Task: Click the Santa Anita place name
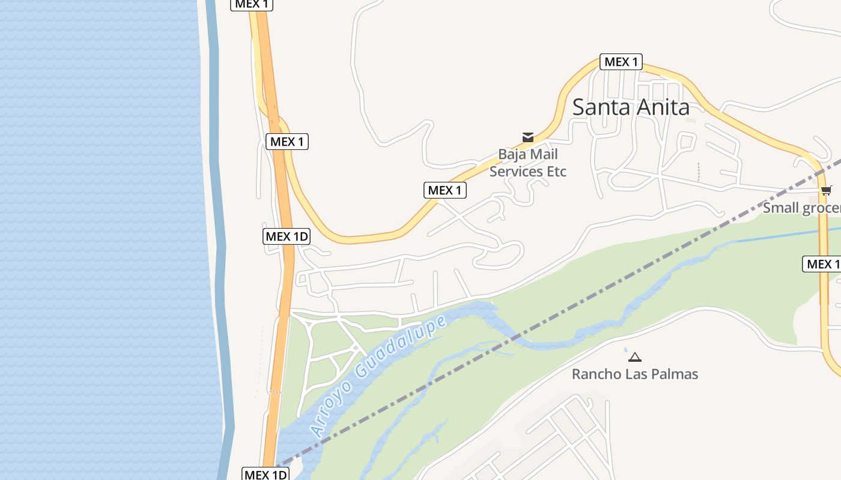click(x=630, y=107)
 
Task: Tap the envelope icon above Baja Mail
click(x=528, y=137)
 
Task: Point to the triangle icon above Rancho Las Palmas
click(x=634, y=358)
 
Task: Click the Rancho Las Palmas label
click(x=634, y=374)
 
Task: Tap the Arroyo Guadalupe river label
click(x=378, y=375)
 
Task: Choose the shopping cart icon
click(x=827, y=191)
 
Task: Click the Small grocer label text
click(x=801, y=208)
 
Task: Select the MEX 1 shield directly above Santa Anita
click(x=621, y=62)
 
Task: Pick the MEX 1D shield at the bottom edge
click(x=266, y=475)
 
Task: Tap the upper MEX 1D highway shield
click(x=287, y=236)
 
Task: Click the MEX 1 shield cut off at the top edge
click(x=252, y=4)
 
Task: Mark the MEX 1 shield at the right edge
click(x=822, y=264)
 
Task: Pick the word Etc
click(x=556, y=172)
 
